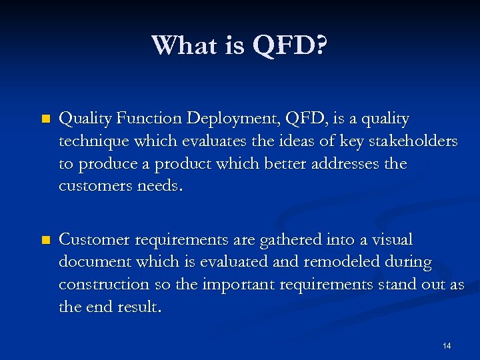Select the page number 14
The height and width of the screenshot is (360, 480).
point(447,345)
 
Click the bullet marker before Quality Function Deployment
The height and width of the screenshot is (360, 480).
point(45,119)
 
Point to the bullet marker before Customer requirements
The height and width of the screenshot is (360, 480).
point(45,240)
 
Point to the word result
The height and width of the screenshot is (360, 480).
point(137,307)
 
